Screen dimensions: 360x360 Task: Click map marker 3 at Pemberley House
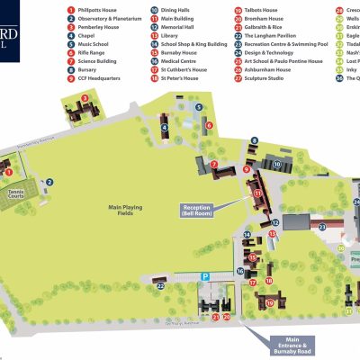[x=84, y=98]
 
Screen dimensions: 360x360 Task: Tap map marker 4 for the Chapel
[x=165, y=128]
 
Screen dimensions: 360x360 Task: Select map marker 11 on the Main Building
[x=257, y=193]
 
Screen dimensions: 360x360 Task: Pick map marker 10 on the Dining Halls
[x=278, y=165]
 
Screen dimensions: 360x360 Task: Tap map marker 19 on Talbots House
[x=269, y=303]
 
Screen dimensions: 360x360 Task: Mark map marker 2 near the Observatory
[x=50, y=182]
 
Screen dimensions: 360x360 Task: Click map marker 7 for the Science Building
[x=214, y=164]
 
